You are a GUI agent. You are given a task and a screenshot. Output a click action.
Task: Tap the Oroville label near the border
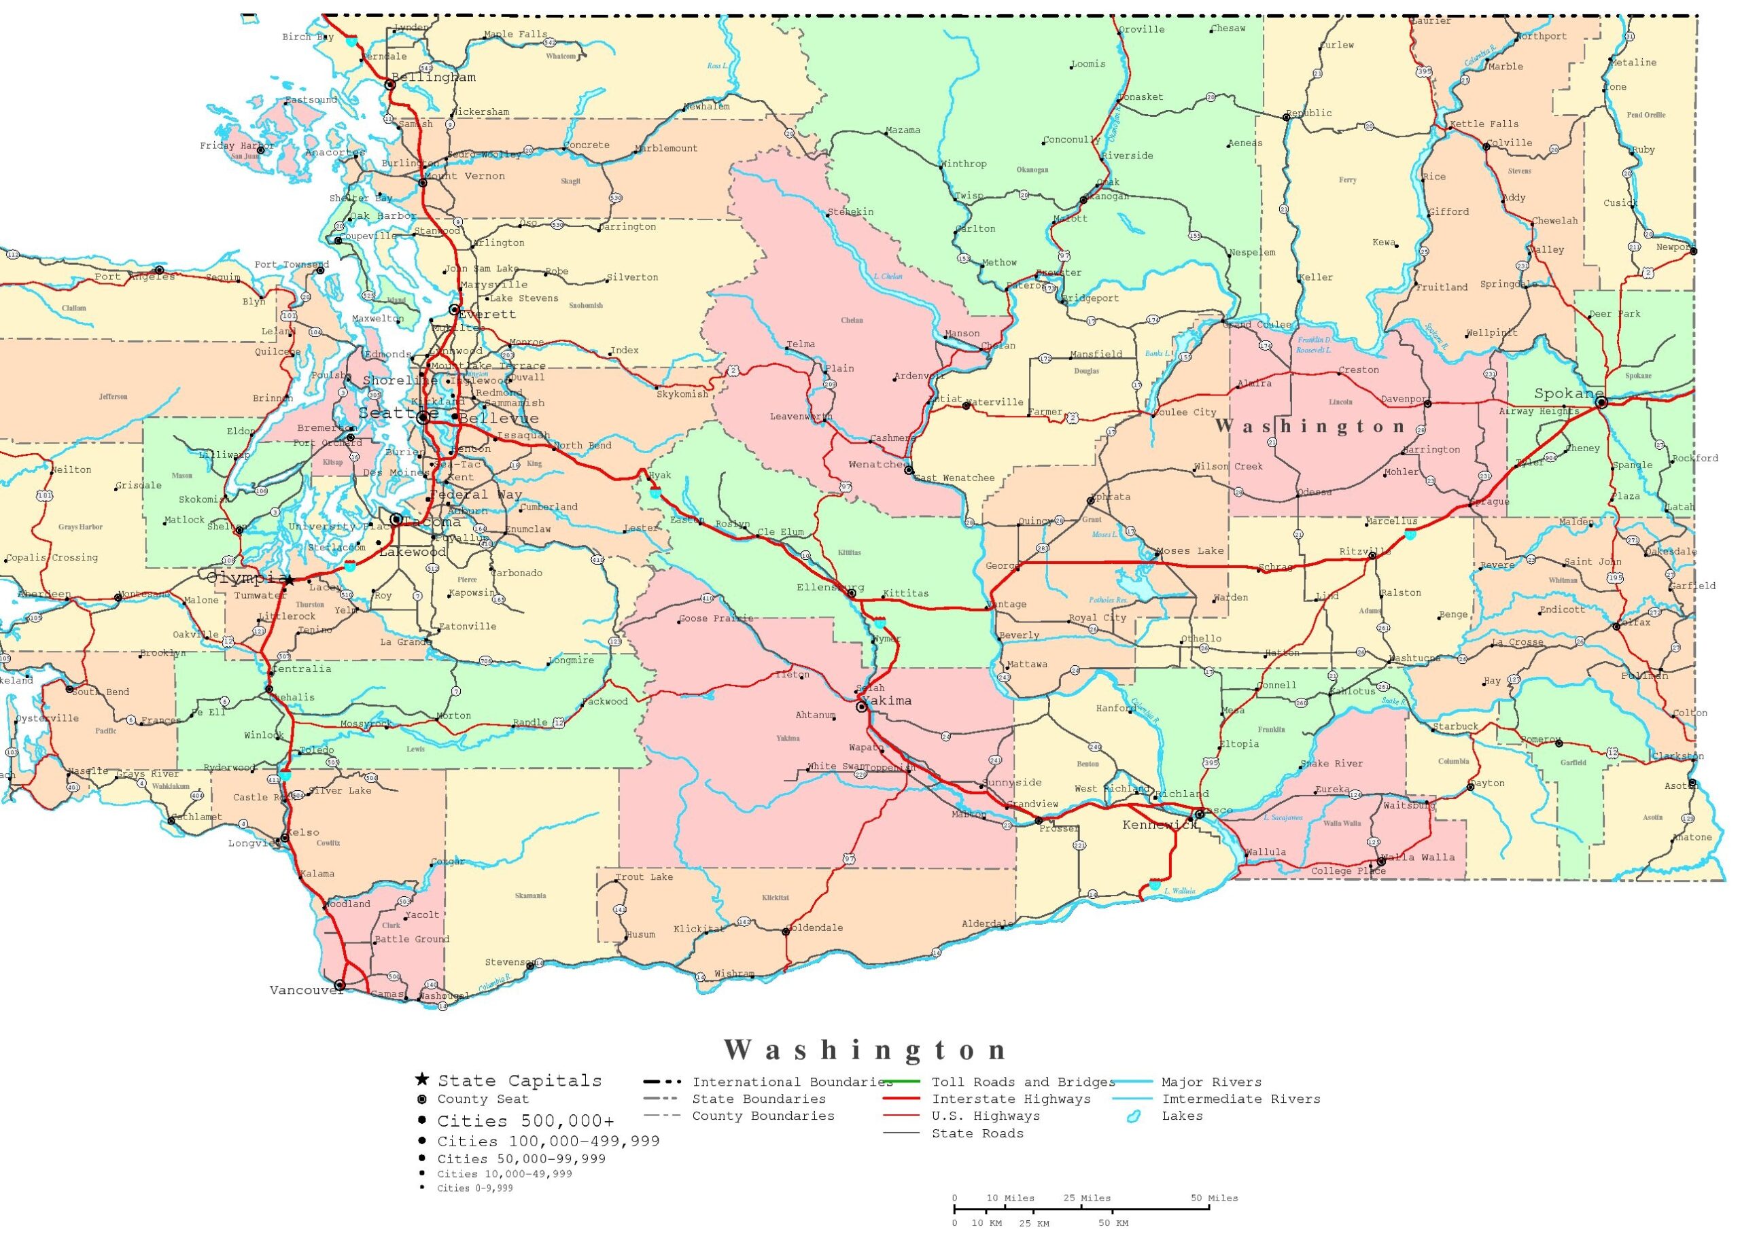click(x=1142, y=30)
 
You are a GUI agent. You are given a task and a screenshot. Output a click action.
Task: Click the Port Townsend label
click(x=291, y=265)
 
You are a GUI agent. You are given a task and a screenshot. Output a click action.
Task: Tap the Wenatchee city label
click(x=878, y=464)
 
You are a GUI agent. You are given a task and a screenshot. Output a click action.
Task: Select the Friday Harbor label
click(x=237, y=146)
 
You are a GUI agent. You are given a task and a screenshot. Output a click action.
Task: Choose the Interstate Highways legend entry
click(x=1011, y=1099)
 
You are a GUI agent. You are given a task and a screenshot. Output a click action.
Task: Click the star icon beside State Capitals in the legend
click(x=421, y=1080)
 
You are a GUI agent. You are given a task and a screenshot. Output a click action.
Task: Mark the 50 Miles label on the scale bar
click(x=1215, y=1198)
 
